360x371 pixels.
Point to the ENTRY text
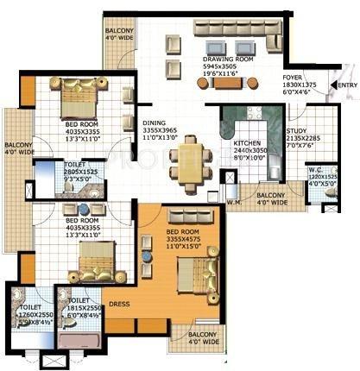click(346, 85)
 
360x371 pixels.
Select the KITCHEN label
click(250, 143)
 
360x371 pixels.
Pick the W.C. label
click(317, 171)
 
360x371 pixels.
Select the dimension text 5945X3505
click(226, 66)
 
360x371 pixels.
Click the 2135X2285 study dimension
click(327, 138)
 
